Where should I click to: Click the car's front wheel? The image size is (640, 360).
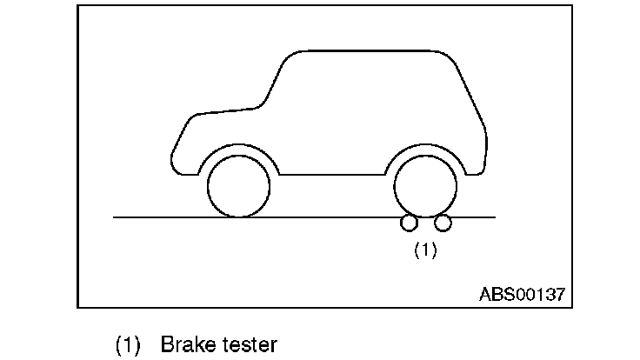click(x=238, y=186)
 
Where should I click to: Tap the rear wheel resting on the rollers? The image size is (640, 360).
click(x=425, y=186)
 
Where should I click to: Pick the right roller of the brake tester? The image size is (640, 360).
click(x=443, y=223)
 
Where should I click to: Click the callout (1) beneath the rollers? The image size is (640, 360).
click(x=424, y=250)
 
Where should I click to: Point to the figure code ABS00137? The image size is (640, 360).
click(x=522, y=294)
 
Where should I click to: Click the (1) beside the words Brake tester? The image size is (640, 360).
click(x=128, y=344)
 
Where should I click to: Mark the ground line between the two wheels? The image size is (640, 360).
click(x=330, y=217)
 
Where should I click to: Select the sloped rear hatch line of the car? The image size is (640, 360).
click(x=474, y=104)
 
